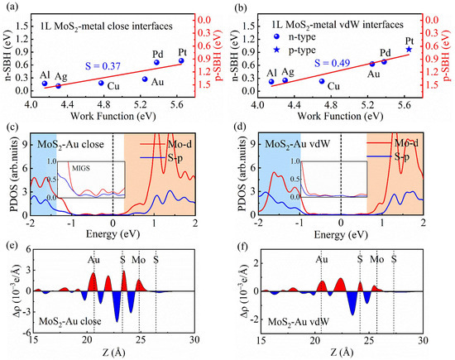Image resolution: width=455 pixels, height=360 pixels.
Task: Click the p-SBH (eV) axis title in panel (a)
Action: (x=221, y=51)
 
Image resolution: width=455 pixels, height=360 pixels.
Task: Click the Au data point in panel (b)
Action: (x=372, y=63)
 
